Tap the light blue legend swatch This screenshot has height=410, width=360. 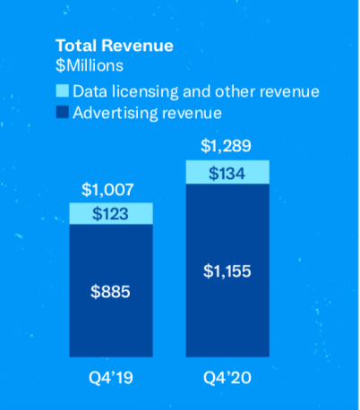pyautogui.click(x=62, y=91)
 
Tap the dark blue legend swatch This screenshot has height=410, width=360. pyautogui.click(x=62, y=113)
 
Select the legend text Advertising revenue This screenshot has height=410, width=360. pyautogui.click(x=147, y=113)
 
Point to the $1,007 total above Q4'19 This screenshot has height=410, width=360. pyautogui.click(x=110, y=189)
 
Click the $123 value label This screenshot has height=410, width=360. pyautogui.click(x=110, y=213)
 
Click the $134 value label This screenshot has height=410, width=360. pyautogui.click(x=227, y=171)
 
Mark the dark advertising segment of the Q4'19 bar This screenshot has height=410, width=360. pyautogui.click(x=110, y=322)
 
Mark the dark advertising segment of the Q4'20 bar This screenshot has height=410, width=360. pyautogui.click(x=227, y=313)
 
